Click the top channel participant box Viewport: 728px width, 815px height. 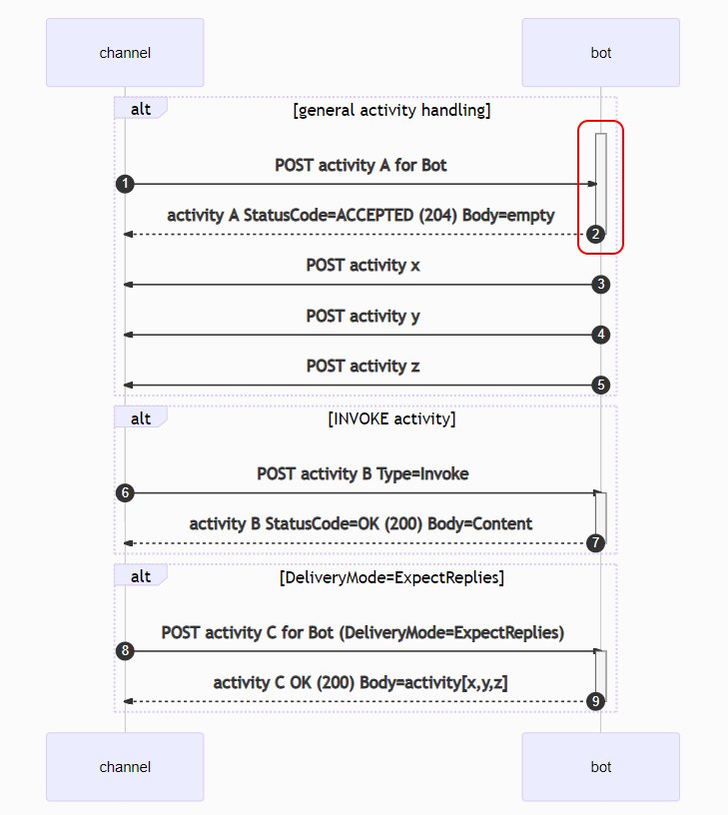pyautogui.click(x=125, y=53)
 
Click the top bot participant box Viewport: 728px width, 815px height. pyautogui.click(x=600, y=53)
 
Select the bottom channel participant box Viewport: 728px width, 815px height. pyautogui.click(x=125, y=767)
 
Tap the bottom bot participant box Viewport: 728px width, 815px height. pyautogui.click(x=600, y=767)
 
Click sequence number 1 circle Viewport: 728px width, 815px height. pyautogui.click(x=125, y=184)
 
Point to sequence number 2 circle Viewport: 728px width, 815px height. pyautogui.click(x=595, y=235)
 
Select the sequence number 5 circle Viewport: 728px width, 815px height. pyautogui.click(x=600, y=385)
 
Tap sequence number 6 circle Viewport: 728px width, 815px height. pyautogui.click(x=125, y=492)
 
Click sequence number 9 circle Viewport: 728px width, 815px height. pyautogui.click(x=595, y=701)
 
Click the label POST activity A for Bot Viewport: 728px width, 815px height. pyautogui.click(x=361, y=165)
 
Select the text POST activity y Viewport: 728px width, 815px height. pyautogui.click(x=363, y=316)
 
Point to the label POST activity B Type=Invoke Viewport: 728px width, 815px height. pyautogui.click(x=363, y=473)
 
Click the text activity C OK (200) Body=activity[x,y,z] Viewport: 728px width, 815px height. pyautogui.click(x=361, y=682)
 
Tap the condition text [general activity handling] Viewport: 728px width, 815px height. pyautogui.click(x=391, y=110)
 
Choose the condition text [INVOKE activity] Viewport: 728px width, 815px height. pyautogui.click(x=391, y=418)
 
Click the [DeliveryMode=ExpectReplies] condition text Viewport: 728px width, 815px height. pyautogui.click(x=391, y=577)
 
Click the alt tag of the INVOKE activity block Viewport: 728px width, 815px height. pyautogui.click(x=140, y=418)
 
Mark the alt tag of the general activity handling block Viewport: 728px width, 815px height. pyautogui.click(x=140, y=109)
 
